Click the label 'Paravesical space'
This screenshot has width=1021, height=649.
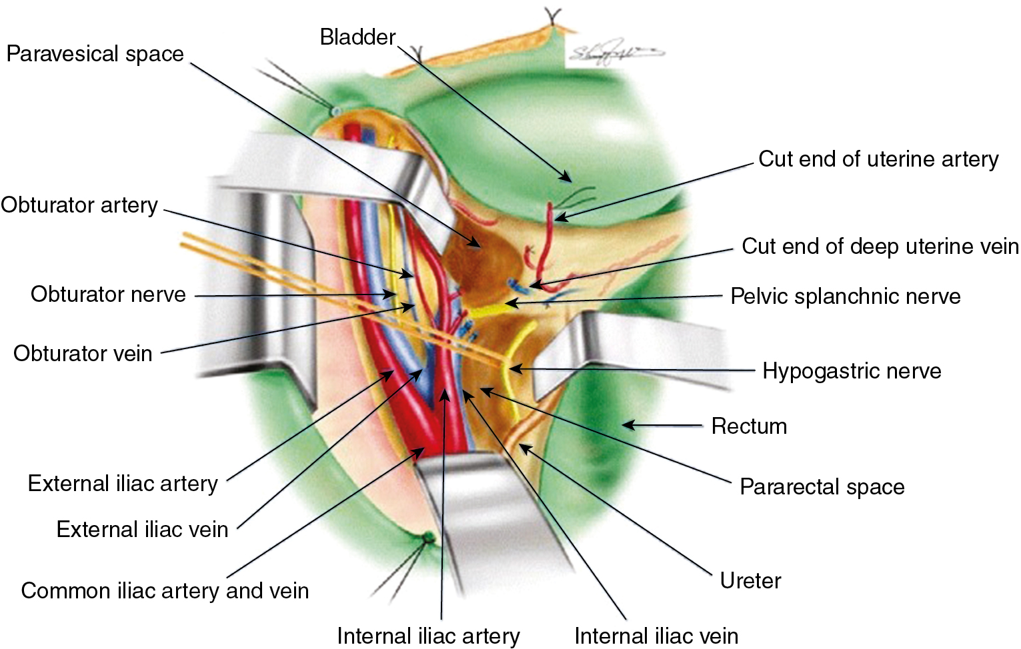(x=95, y=54)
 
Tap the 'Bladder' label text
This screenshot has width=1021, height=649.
(x=357, y=37)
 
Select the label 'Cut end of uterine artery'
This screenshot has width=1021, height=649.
(x=878, y=159)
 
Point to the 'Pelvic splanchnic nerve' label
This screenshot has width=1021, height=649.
(x=845, y=297)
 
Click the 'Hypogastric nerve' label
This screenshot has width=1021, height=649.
(x=852, y=371)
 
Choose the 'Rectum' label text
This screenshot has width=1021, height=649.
(x=749, y=426)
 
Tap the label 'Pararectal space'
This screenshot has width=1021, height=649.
(x=822, y=487)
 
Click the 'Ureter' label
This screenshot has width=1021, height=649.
(x=750, y=581)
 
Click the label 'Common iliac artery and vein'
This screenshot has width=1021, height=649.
(x=165, y=591)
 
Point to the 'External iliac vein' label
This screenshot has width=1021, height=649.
(x=142, y=529)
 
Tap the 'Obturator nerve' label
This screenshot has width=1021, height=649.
(x=108, y=295)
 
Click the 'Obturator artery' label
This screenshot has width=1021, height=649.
(x=79, y=205)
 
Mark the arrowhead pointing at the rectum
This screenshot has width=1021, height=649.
(x=626, y=424)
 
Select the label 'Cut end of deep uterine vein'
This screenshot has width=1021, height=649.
(x=880, y=247)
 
